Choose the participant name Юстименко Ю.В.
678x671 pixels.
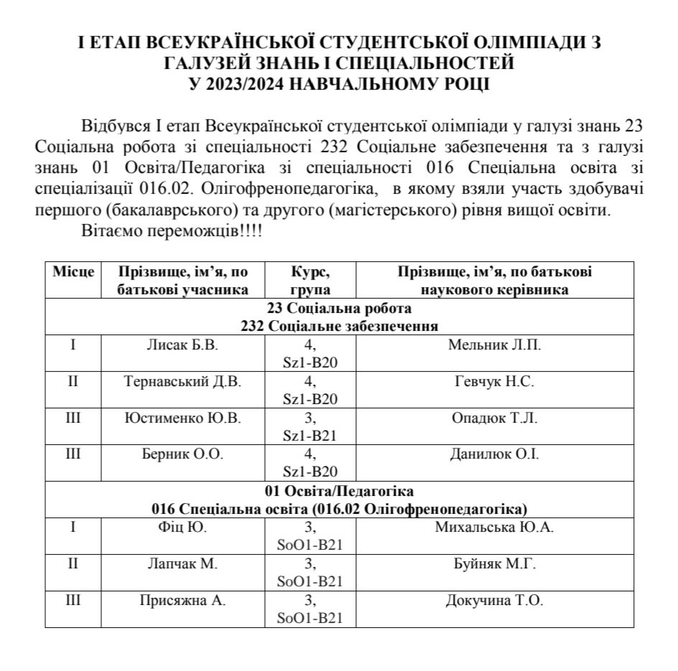182,418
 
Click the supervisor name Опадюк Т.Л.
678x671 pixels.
494,418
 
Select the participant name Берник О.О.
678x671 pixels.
182,454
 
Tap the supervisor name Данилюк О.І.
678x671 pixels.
494,454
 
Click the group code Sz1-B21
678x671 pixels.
310,435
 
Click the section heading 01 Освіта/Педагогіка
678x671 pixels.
340,492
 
